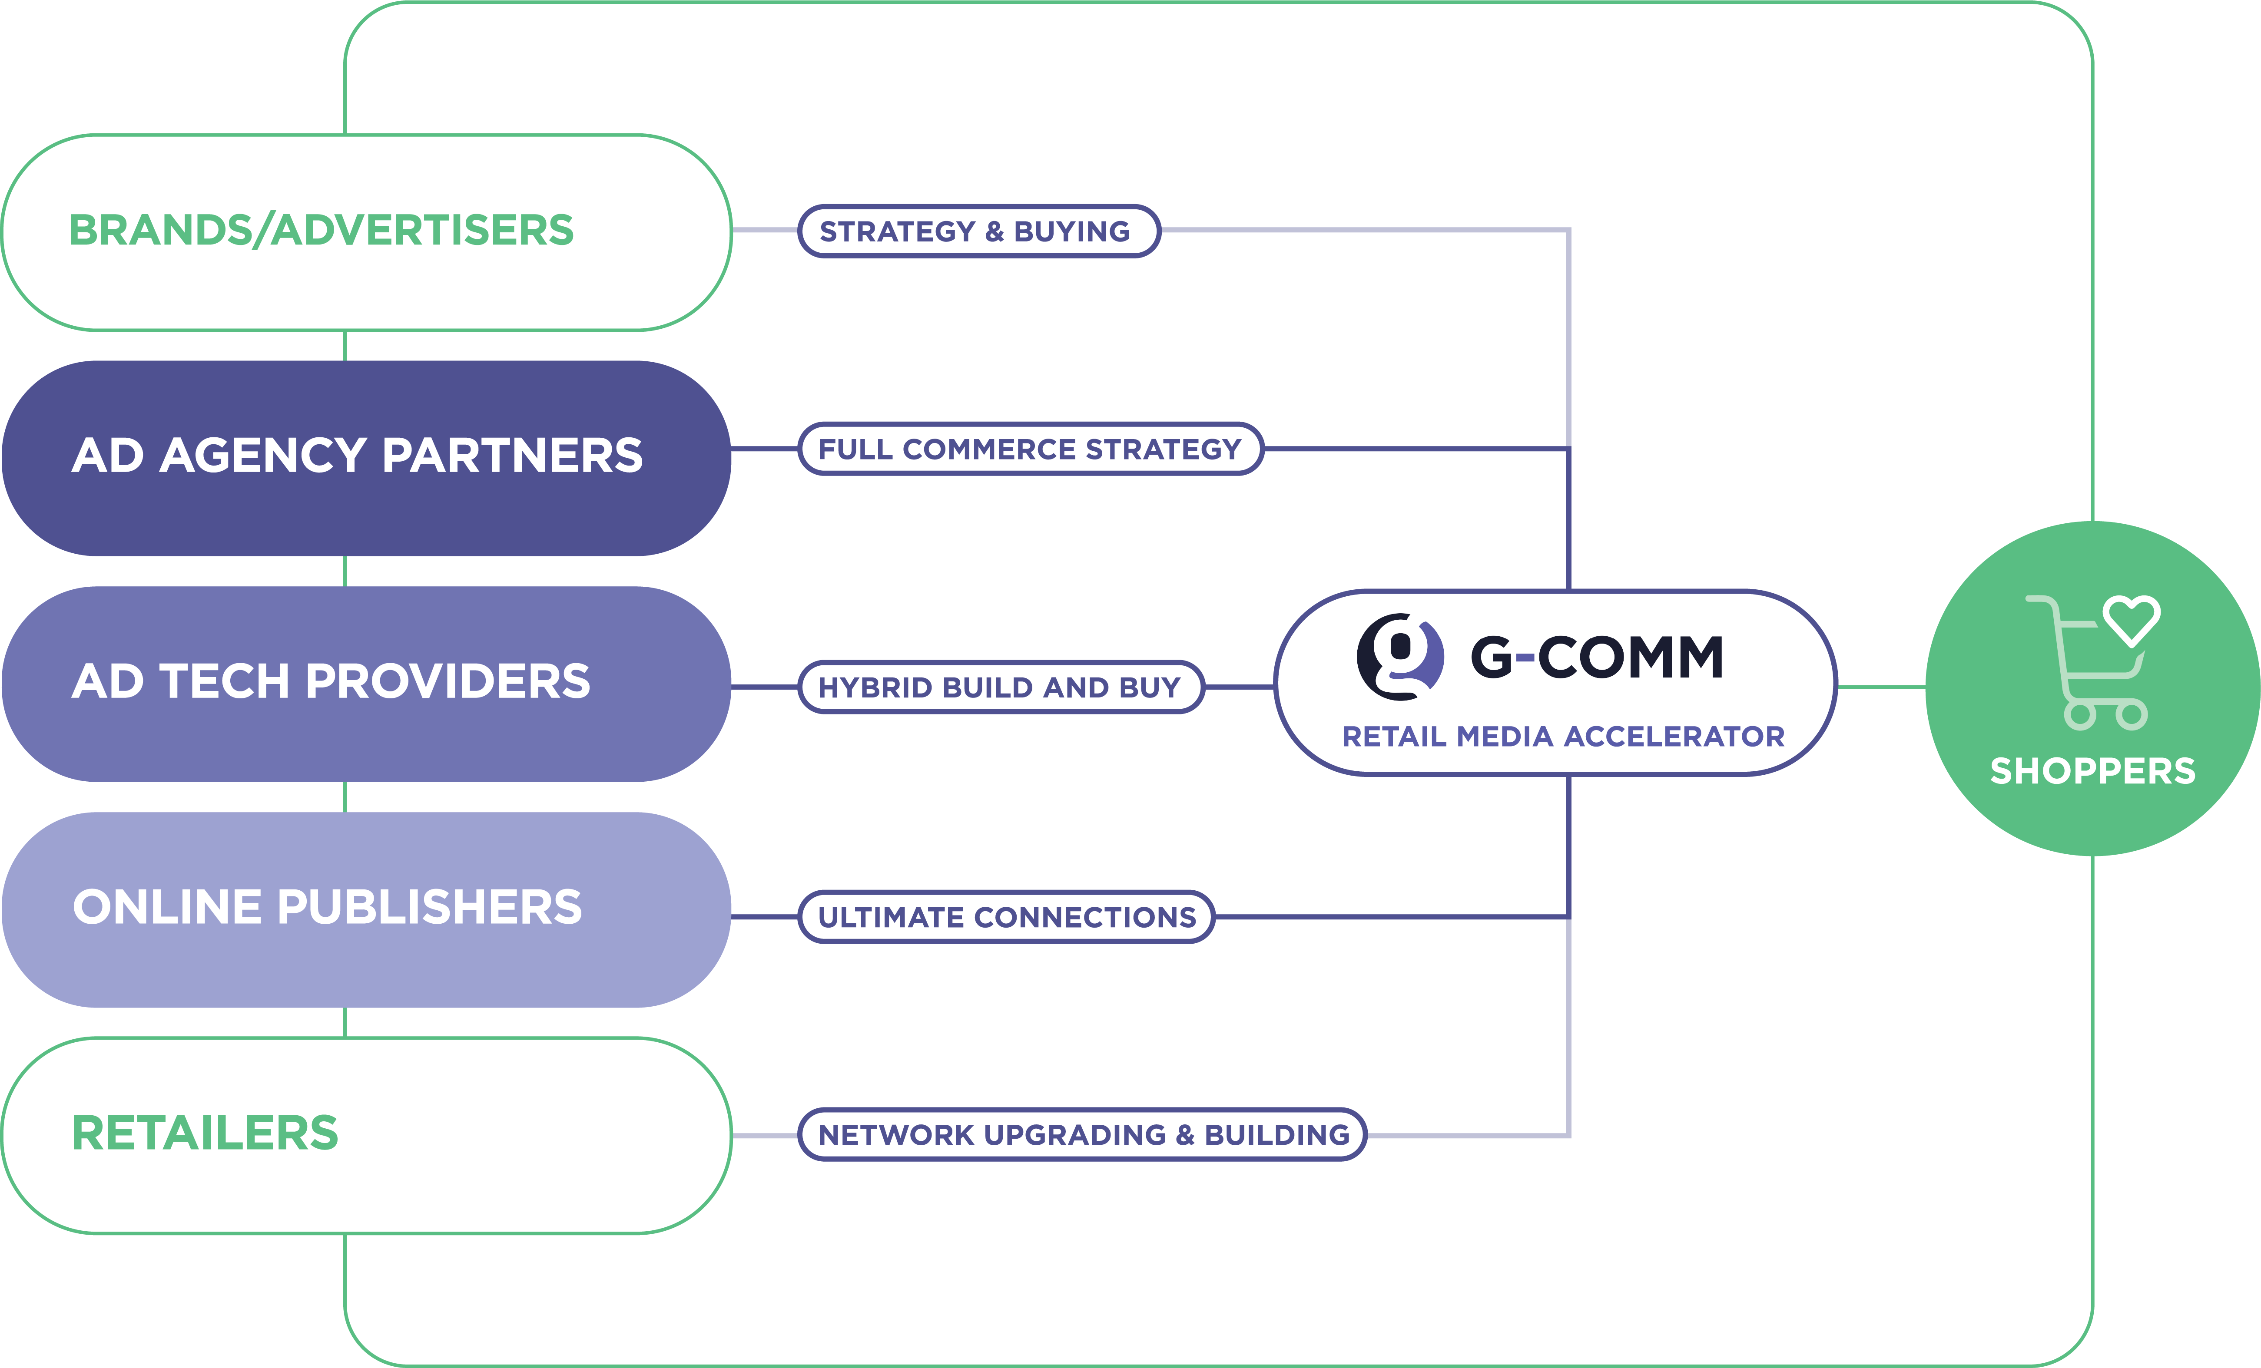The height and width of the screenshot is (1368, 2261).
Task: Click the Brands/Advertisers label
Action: [321, 230]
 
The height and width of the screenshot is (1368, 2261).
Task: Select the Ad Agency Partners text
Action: [357, 456]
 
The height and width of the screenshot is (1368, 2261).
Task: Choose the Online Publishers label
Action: [328, 907]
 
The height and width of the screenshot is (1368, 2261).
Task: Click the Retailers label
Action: [205, 1133]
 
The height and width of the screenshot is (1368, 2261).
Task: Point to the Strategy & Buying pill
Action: [978, 231]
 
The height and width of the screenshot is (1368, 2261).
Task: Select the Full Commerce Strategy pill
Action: [1030, 449]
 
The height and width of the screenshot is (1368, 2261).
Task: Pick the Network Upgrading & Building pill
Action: [1083, 1135]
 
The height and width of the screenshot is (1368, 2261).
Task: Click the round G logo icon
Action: [1399, 657]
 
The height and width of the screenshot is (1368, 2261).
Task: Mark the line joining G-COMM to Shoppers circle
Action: [1881, 686]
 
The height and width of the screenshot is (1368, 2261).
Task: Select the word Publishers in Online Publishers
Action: [429, 907]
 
